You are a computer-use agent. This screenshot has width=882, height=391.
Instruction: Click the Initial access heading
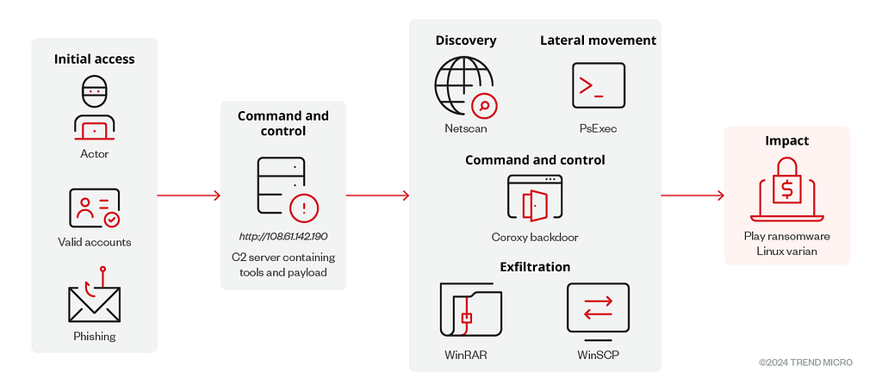95,59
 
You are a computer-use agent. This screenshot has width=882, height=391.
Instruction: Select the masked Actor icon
95,108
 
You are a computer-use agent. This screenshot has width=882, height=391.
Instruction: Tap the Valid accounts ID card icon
95,208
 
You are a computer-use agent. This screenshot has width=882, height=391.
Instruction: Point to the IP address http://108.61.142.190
283,236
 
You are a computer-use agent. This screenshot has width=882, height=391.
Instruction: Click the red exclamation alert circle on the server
304,209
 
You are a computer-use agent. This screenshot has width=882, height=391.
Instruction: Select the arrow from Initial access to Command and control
189,195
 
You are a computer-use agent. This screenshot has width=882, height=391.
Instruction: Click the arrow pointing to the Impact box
693,195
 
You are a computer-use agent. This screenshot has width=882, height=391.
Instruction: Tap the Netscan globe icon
466,87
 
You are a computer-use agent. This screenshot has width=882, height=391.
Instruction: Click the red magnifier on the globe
484,105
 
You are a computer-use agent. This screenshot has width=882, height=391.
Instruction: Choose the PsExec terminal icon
599,85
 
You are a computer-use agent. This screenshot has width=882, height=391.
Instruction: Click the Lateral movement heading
599,40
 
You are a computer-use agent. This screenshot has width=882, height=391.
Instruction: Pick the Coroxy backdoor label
535,238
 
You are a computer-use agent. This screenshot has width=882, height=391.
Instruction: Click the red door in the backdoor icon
531,205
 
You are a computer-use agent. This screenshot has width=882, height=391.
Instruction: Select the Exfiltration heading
535,267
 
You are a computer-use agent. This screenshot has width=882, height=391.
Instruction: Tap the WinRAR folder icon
471,311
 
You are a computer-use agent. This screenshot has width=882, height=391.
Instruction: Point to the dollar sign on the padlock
787,190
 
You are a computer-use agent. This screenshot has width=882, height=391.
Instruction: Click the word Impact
787,140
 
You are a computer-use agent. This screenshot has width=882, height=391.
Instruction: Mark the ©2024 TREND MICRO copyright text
805,363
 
